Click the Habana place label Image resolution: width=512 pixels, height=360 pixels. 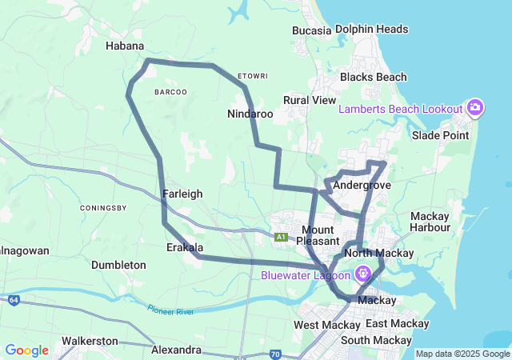125,46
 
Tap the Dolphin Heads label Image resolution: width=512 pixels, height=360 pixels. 372,30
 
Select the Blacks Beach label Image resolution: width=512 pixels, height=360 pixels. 374,78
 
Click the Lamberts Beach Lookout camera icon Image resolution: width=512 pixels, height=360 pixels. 475,108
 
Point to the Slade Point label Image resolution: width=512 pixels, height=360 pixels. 440,135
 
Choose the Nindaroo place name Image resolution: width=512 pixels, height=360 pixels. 250,114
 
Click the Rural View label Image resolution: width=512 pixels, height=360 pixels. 310,100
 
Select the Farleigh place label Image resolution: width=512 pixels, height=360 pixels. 182,194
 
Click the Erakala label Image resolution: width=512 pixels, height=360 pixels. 184,247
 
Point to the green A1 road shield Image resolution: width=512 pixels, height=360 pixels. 281,237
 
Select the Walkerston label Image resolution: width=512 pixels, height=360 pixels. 90,341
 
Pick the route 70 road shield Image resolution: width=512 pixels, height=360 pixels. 274,353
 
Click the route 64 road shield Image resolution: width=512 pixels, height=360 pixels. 14,300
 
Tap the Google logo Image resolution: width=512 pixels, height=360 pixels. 26,350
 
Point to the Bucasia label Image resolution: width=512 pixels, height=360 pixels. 312,30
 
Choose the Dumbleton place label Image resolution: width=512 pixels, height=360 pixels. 118,265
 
